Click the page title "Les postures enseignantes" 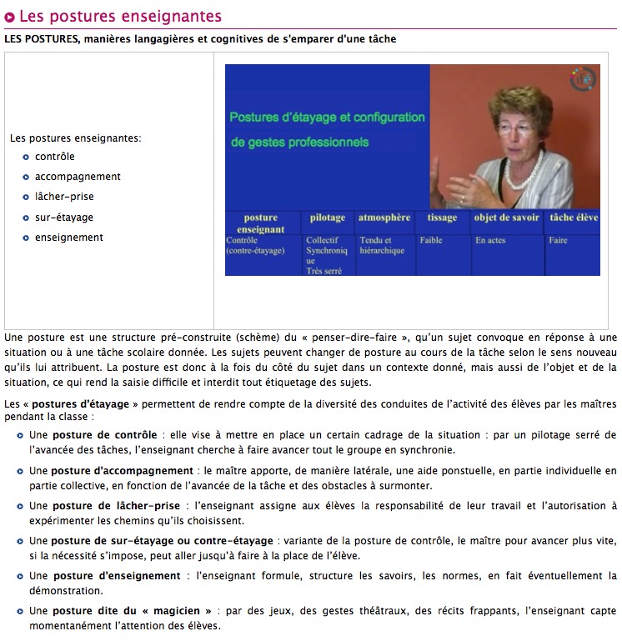[120, 16]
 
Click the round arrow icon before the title [10, 17]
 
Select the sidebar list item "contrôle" [55, 157]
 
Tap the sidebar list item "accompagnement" [78, 177]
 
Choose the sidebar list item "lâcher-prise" [64, 197]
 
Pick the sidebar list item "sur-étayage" [64, 218]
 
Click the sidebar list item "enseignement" [69, 238]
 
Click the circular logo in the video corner [584, 80]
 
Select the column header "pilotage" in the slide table [327, 218]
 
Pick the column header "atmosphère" [384, 218]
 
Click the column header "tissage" [442, 218]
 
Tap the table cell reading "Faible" [431, 241]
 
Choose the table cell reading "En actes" [490, 241]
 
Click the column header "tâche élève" [574, 218]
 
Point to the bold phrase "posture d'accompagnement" [123, 471]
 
